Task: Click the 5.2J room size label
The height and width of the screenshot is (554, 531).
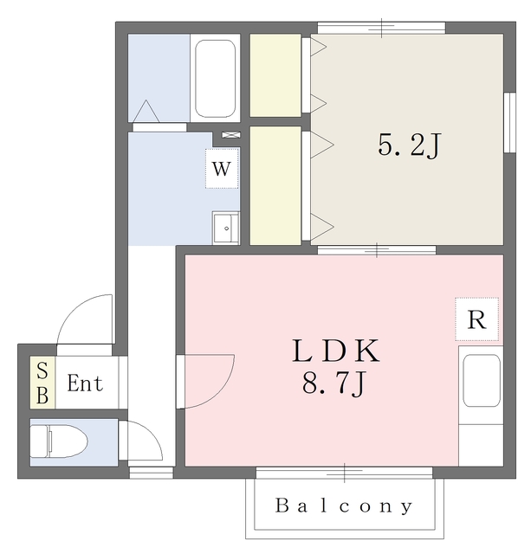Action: pos(410,145)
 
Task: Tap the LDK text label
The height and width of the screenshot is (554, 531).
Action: pos(336,351)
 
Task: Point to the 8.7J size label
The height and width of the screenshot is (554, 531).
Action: pos(333,384)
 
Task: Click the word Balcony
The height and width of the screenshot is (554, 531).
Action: pos(344,506)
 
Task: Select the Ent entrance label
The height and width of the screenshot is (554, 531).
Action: pos(85,383)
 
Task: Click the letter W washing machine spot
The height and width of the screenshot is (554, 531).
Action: pos(222,169)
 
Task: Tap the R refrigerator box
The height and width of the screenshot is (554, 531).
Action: pos(476,319)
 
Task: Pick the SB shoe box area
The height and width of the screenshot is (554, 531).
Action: pos(42,383)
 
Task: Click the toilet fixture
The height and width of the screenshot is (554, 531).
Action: pos(58,441)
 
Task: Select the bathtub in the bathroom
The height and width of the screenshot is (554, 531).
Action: pos(216,79)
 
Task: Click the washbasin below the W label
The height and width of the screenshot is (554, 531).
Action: pos(226,228)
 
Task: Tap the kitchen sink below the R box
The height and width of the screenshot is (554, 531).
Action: pos(482,381)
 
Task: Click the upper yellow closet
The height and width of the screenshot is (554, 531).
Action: pos(275,75)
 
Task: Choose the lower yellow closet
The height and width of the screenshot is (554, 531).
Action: pos(275,185)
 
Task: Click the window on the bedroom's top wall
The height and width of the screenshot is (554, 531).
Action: pos(381,28)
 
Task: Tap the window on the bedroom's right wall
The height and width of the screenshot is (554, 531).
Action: pos(509,123)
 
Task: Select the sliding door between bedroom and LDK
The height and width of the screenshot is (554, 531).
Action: pos(377,250)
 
